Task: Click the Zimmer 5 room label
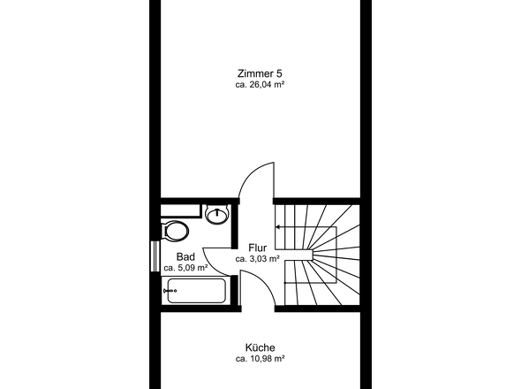tap(260, 73)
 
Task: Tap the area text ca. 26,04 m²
tap(260, 85)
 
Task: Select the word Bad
tap(185, 257)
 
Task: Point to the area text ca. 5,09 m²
tap(185, 268)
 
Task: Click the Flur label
tap(258, 248)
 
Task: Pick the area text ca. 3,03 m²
tap(258, 258)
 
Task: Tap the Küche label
tap(260, 347)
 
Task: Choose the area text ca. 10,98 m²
tap(260, 359)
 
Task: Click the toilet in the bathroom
tap(175, 231)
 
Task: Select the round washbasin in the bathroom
tap(217, 214)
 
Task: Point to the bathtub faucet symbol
tap(170, 291)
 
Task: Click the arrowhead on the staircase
tap(278, 227)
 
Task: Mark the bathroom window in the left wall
tap(155, 256)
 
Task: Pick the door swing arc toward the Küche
tap(262, 283)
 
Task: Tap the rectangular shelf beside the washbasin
tap(181, 211)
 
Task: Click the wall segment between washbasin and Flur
tap(235, 226)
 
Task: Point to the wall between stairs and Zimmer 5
tap(317, 202)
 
